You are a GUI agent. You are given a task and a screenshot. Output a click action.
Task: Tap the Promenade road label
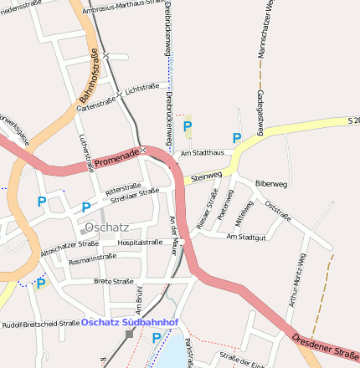point(116,156)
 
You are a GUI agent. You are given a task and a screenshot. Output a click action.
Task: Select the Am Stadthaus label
point(203,153)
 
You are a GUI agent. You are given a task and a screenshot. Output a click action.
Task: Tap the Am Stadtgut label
point(246,237)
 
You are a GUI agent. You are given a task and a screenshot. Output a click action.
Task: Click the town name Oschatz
point(106,227)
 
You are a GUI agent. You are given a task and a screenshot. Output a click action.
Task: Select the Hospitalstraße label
point(140,242)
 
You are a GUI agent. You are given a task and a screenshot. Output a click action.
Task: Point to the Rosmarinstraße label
point(92,258)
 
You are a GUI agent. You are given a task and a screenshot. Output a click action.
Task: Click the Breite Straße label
point(114,281)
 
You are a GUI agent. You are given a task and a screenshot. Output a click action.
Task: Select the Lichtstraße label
point(142,87)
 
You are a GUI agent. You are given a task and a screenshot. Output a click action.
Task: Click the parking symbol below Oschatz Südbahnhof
point(157,339)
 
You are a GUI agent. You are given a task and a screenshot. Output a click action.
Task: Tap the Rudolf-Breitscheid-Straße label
point(40,324)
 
